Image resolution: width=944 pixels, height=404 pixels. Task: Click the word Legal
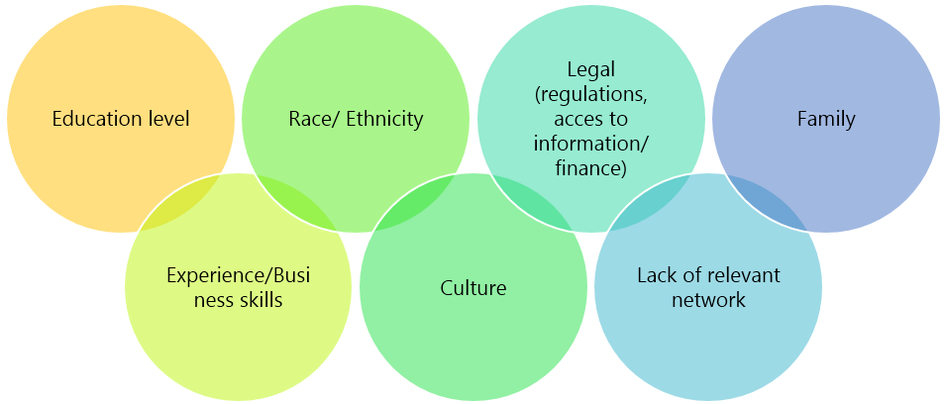591,69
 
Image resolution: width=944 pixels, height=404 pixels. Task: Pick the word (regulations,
591,94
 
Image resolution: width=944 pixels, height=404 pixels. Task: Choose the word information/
591,145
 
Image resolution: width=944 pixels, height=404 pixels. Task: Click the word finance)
591,169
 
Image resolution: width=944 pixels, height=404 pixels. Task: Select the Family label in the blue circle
826,120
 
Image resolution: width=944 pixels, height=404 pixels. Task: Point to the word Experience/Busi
238,275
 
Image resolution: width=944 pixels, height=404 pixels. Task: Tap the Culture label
472,288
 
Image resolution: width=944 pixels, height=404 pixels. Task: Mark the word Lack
658,275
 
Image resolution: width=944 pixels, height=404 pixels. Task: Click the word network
707,300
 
